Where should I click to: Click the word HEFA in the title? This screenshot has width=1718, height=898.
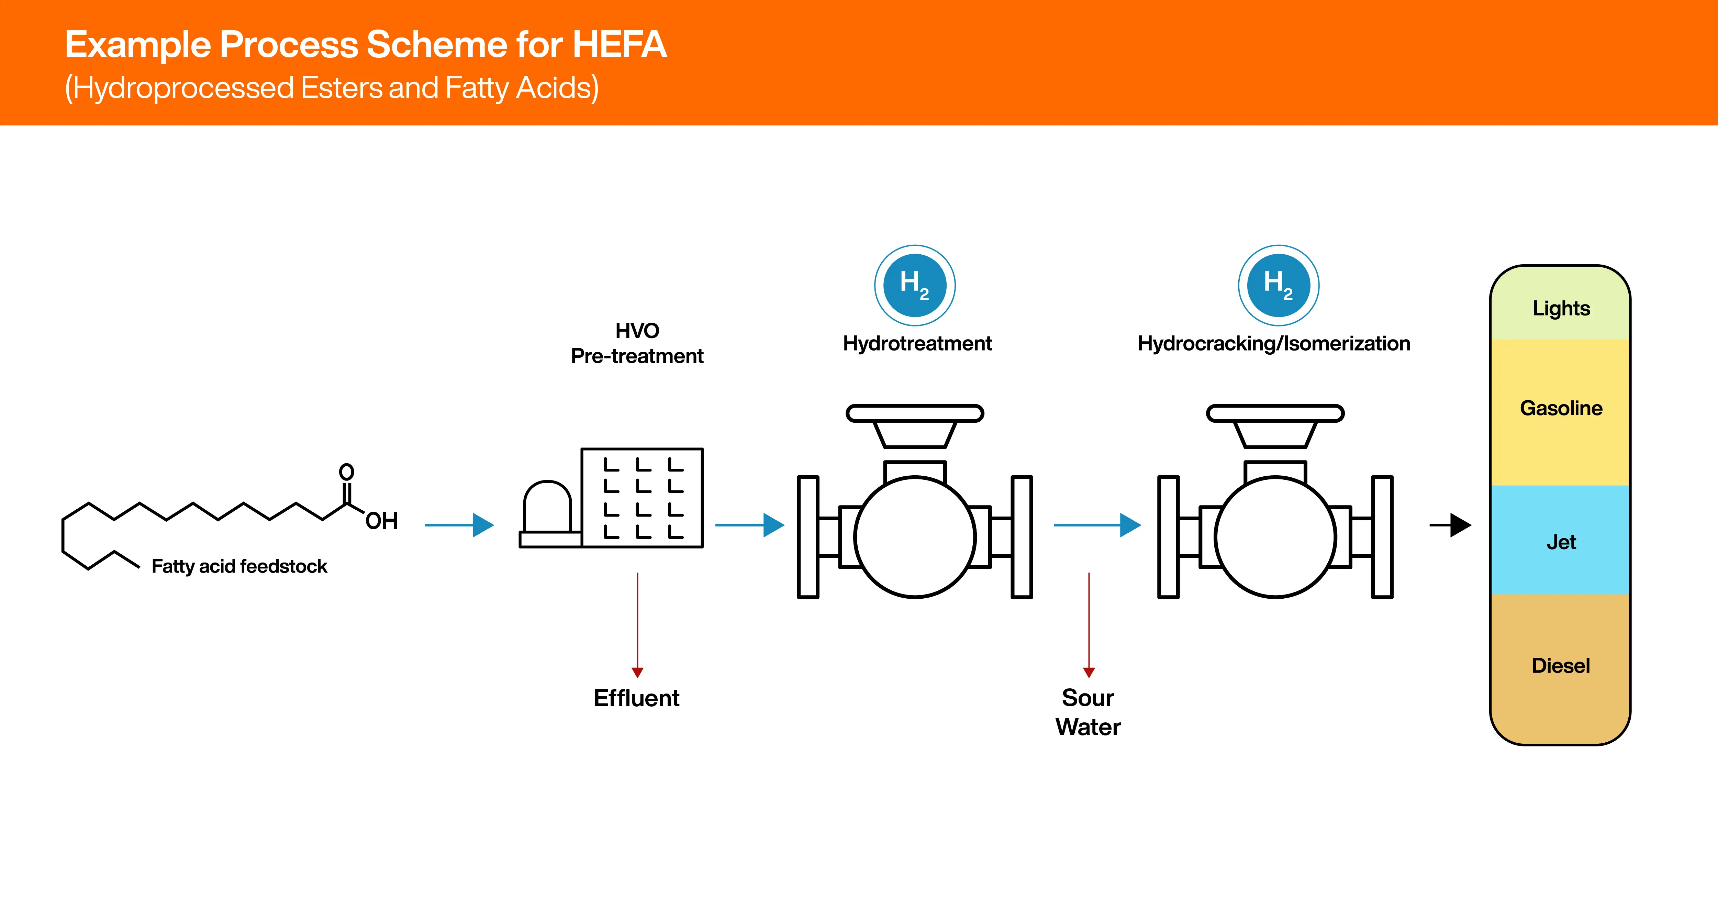coord(620,45)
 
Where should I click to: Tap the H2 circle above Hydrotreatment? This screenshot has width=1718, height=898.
coord(915,286)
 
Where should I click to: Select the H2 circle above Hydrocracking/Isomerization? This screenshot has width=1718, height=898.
coord(1279,286)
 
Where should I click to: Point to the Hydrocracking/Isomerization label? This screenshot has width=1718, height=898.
coord(1274,344)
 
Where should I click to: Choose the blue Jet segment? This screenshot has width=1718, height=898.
coord(1561,540)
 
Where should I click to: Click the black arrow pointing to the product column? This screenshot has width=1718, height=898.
coord(1451,525)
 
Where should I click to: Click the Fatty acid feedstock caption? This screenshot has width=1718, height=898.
coord(239,566)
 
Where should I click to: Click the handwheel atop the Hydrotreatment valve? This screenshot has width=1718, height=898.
coord(915,414)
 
